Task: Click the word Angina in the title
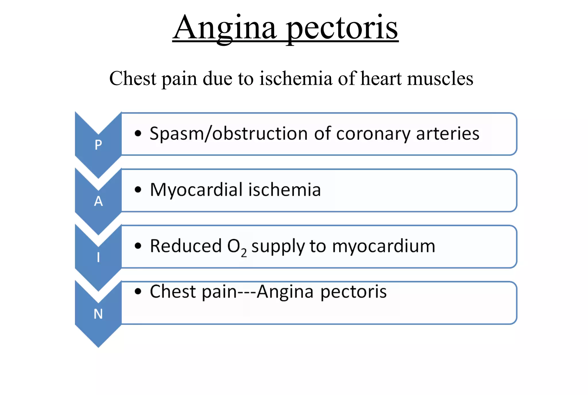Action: tap(226, 28)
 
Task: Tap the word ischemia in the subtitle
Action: tap(296, 78)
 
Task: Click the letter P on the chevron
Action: tap(98, 145)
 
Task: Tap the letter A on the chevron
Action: tap(98, 201)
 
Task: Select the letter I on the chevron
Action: tap(98, 257)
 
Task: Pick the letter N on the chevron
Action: tap(98, 314)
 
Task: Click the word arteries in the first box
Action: tap(448, 134)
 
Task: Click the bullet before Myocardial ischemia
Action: tap(138, 189)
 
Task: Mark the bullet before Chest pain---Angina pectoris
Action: tap(138, 292)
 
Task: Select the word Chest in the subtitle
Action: tap(133, 78)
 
